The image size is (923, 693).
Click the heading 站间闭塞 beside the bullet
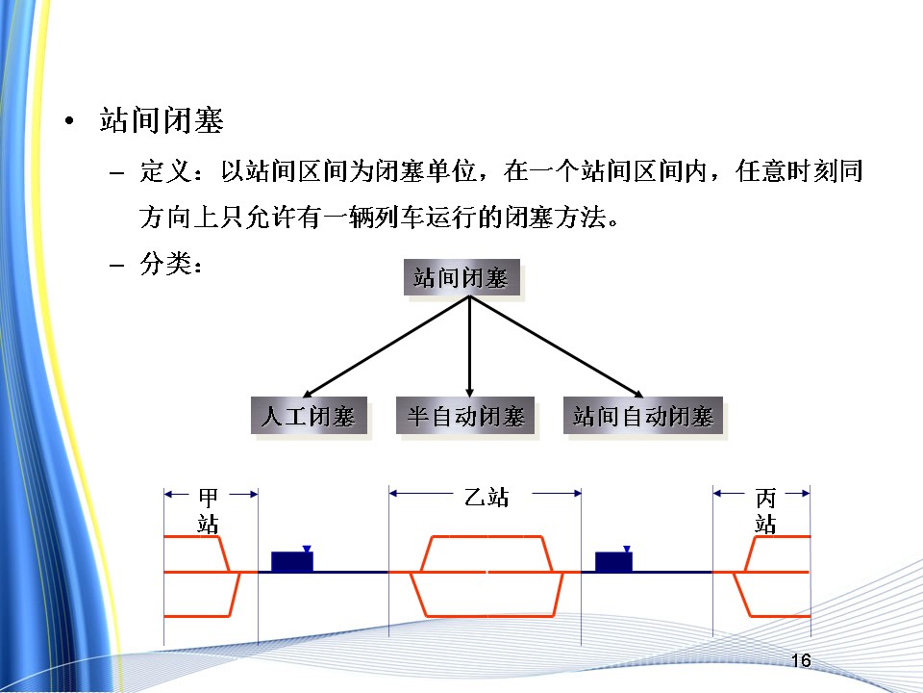point(162,122)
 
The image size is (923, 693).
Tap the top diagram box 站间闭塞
point(460,279)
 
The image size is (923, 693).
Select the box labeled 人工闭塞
point(309,417)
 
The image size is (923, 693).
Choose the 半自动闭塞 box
point(466,417)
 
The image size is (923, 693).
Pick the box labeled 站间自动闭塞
point(643,417)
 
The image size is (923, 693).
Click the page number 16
point(801,661)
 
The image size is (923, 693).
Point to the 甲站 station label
point(208,511)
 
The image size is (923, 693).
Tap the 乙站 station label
point(486,498)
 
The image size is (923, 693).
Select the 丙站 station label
point(765,511)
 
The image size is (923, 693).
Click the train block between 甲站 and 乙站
point(292,562)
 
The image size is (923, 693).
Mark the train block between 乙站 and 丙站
point(613,562)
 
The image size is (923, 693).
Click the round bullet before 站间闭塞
point(68,123)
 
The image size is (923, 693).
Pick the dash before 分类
point(117,265)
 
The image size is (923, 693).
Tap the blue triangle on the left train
point(306,549)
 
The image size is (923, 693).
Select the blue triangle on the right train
point(627,549)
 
